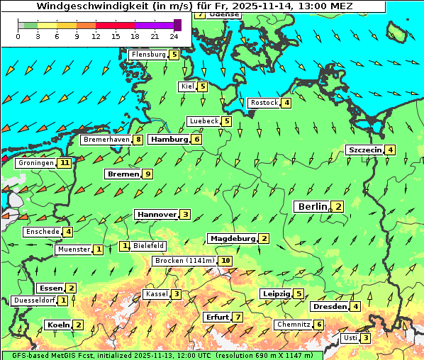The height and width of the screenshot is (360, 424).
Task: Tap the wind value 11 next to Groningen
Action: (x=65, y=163)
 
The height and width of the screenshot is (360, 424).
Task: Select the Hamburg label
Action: (x=169, y=140)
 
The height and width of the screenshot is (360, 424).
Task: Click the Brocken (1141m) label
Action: (x=184, y=261)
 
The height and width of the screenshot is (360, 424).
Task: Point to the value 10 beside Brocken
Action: (x=225, y=261)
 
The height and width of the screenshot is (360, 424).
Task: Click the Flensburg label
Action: (x=148, y=54)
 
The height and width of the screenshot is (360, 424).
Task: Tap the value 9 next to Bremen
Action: (x=147, y=174)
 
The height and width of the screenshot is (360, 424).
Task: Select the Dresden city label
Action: (x=329, y=307)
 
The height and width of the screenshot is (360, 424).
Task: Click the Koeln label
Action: (x=57, y=325)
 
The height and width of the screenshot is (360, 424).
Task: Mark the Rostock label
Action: (x=264, y=103)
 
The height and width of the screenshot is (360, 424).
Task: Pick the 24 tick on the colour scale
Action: (x=174, y=35)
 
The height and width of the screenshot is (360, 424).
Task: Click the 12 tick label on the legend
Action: (x=96, y=35)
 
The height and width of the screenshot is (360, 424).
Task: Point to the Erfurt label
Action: (x=216, y=317)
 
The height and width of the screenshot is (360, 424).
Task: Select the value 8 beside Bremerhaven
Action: (x=138, y=140)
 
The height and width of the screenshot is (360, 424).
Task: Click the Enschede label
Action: (x=42, y=232)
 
